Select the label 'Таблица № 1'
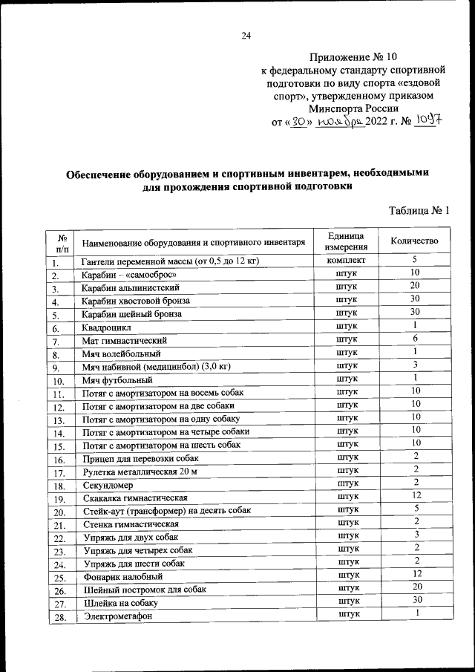tap(419, 211)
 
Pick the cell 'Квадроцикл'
tap(107, 327)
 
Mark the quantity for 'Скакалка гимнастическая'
tap(418, 495)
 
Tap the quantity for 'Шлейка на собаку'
tap(418, 600)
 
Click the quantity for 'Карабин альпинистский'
tap(416, 286)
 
